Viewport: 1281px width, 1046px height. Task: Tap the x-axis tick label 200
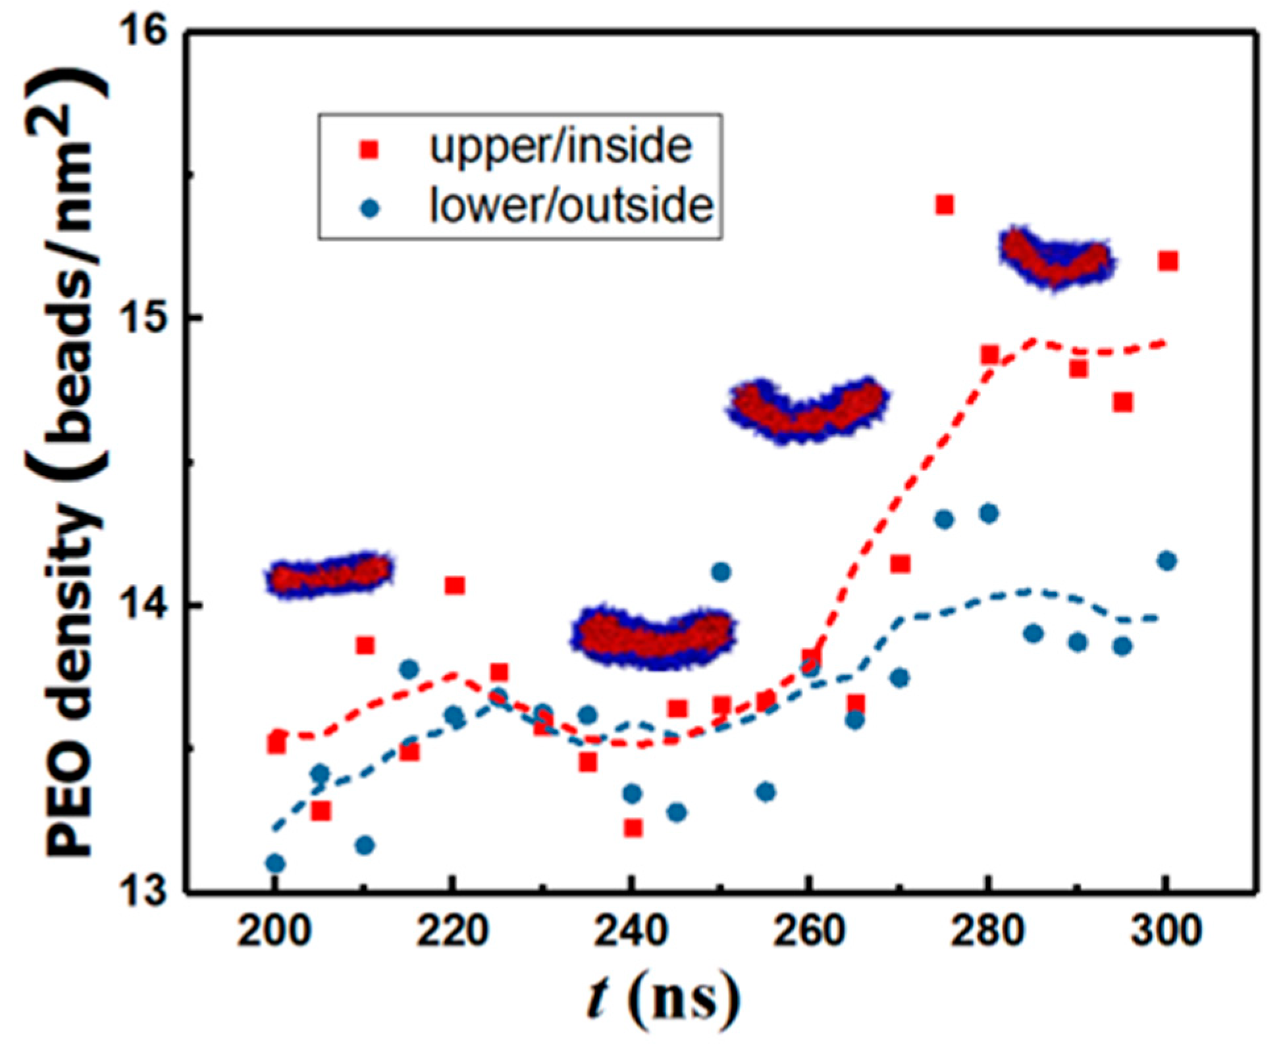(x=273, y=932)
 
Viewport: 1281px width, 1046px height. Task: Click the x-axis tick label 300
(x=1166, y=932)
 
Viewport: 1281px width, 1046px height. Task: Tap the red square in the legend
(x=370, y=150)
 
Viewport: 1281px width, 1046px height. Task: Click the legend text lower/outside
(x=571, y=205)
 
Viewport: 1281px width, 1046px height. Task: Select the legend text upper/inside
(x=560, y=146)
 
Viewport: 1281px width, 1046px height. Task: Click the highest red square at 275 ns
(x=944, y=205)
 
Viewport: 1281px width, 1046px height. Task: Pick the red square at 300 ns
(x=1167, y=261)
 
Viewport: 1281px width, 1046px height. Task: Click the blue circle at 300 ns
(x=1166, y=560)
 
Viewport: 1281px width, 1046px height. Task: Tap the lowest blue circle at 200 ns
(x=276, y=862)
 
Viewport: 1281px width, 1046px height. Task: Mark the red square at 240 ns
(x=633, y=828)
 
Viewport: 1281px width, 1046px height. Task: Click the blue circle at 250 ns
(x=721, y=572)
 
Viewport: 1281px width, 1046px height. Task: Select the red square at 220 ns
(x=454, y=585)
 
